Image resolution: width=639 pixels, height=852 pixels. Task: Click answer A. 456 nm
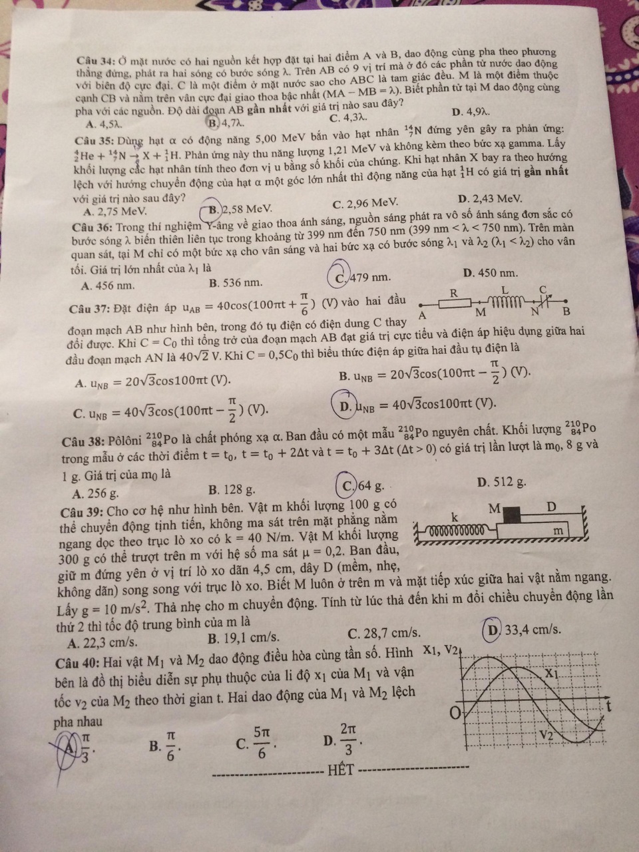pos(106,286)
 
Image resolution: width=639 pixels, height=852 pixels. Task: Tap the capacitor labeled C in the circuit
pos(544,302)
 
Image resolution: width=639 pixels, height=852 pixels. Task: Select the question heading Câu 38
pos(100,443)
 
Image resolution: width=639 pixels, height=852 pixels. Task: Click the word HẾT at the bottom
pos(340,771)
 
